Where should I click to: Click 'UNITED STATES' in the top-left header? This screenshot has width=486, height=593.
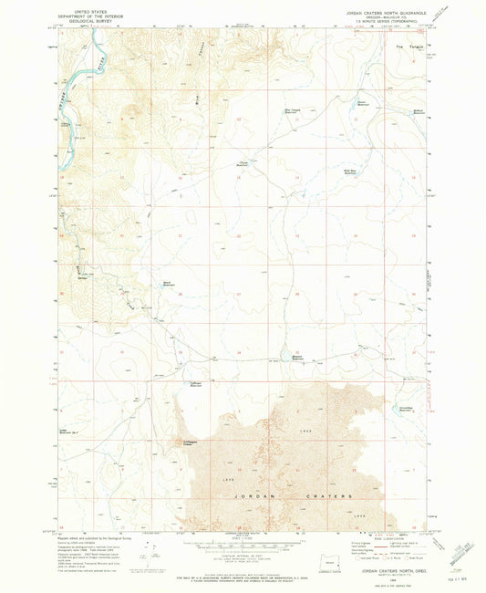tap(83, 12)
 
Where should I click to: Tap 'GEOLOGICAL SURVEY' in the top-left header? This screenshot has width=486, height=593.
tap(83, 22)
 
